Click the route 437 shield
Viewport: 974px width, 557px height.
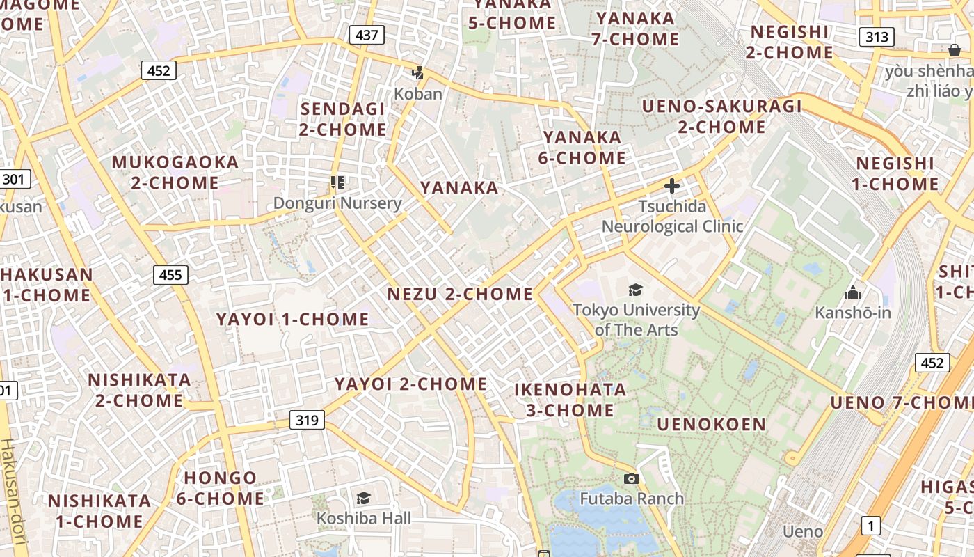[367, 35]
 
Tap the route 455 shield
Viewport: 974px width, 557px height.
[170, 274]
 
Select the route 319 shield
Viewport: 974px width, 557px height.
[307, 420]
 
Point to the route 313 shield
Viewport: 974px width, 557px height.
[876, 37]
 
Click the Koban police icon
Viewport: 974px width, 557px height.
[418, 73]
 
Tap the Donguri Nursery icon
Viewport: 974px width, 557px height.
[337, 183]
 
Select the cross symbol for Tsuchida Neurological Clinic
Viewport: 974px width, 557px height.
[672, 186]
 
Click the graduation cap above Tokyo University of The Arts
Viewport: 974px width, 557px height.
[635, 290]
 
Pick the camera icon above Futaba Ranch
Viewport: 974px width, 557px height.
[632, 478]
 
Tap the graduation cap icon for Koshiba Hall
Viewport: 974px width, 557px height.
[363, 498]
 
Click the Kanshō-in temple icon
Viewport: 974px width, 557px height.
[853, 292]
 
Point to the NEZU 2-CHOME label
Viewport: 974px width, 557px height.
[460, 294]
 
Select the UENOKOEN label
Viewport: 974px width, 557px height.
[711, 424]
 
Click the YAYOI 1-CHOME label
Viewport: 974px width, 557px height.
[292, 320]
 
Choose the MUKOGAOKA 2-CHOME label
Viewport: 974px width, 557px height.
[175, 173]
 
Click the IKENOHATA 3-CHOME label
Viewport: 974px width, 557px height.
[570, 400]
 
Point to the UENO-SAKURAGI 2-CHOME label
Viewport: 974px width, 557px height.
[721, 117]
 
